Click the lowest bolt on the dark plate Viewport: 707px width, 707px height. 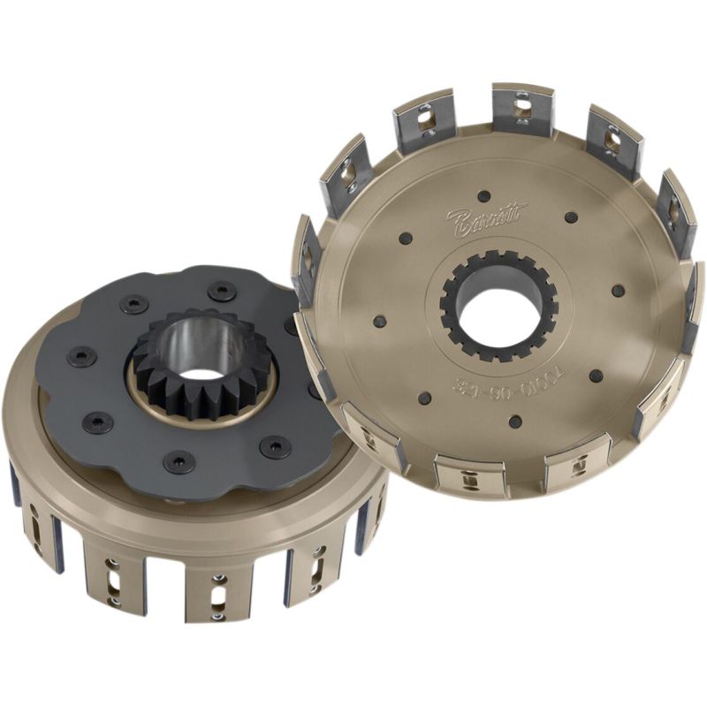click(x=182, y=461)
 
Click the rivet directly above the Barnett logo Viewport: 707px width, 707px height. click(x=483, y=195)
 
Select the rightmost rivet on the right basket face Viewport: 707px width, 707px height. click(x=618, y=290)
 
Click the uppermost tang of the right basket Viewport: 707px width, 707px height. click(x=522, y=110)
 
